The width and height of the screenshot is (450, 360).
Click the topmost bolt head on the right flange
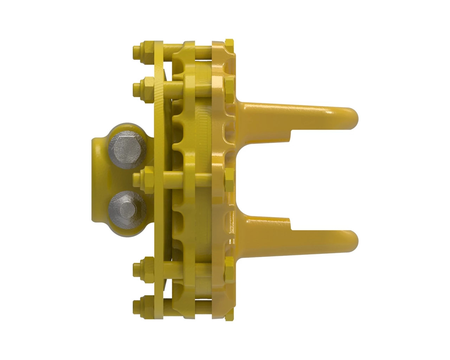230,44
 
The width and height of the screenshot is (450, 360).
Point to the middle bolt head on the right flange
229,175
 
